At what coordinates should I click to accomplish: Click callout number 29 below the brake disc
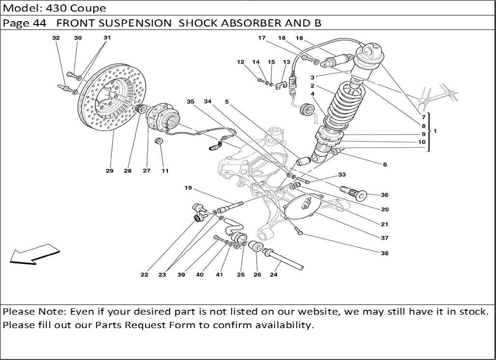tap(110, 171)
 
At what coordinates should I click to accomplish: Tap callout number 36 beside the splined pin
tap(385, 195)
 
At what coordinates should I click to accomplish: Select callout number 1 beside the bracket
tap(435, 131)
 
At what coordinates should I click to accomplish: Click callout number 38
tap(385, 253)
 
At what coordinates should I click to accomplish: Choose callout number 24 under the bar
tap(274, 275)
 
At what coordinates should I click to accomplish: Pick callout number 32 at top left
tap(56, 38)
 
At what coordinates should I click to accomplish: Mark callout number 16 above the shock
tap(299, 38)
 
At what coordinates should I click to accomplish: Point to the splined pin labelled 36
tap(353, 193)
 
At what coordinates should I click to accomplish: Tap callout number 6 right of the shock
tap(385, 165)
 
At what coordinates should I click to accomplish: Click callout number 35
tap(191, 102)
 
